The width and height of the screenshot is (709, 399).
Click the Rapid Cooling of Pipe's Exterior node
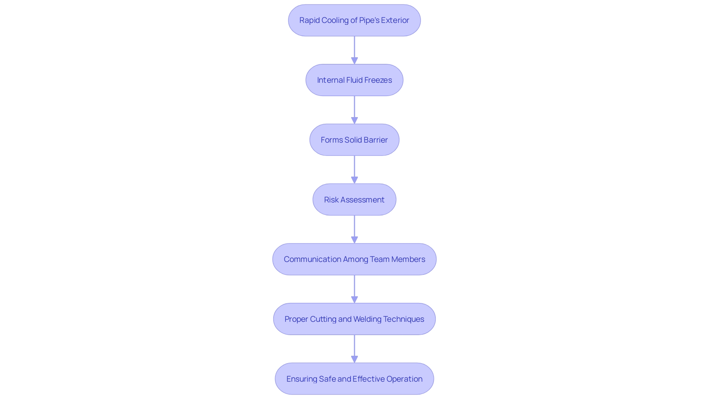point(354,20)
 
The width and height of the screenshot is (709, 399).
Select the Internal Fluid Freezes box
point(354,80)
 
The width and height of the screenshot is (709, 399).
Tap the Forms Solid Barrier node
point(354,140)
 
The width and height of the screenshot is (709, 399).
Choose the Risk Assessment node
point(354,200)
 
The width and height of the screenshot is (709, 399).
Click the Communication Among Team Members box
point(354,259)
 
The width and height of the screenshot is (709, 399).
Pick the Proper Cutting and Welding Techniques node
point(354,319)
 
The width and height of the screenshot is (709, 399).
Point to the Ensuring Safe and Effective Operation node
point(354,379)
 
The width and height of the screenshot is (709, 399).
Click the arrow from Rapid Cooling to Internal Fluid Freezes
point(354,50)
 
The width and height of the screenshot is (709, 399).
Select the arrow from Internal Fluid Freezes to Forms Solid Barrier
point(354,110)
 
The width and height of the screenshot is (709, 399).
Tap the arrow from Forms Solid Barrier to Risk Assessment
point(354,170)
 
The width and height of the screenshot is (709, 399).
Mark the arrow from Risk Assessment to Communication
point(354,229)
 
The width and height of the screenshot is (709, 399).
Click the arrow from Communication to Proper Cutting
point(354,289)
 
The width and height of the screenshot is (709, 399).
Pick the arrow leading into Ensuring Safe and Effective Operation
point(354,349)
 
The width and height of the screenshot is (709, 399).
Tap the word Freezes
point(378,80)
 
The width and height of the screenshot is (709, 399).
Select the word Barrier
point(376,140)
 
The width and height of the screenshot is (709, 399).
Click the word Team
point(380,259)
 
